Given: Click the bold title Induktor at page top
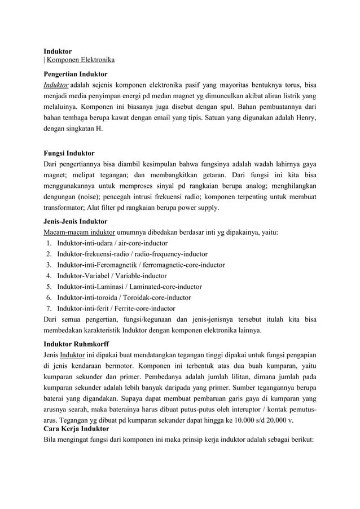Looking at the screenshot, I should coord(58,51).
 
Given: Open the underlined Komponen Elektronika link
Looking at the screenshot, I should coord(81,60).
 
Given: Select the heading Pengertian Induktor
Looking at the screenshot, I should coord(75,74).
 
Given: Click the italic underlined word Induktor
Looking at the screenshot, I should coord(56,85).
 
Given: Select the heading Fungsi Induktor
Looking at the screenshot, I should coord(69,153).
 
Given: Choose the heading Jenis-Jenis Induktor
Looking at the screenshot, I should coord(75,221).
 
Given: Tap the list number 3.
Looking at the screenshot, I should coord(50,265).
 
